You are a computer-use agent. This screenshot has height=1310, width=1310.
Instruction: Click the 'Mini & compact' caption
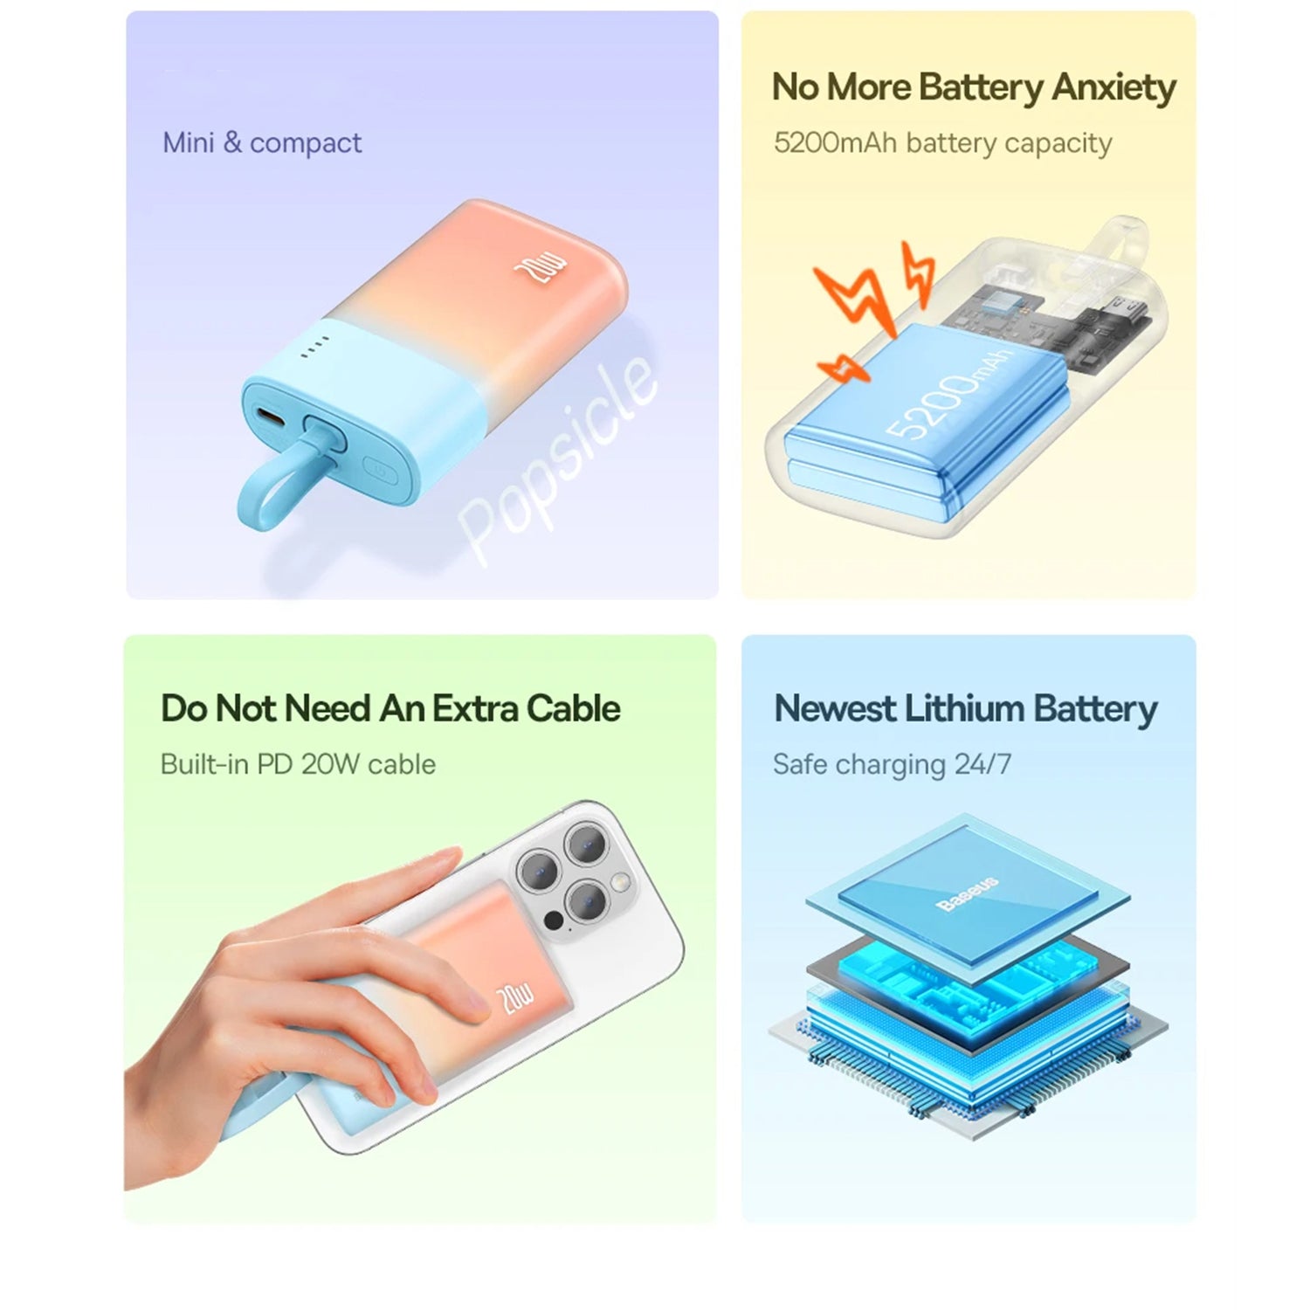click(x=262, y=142)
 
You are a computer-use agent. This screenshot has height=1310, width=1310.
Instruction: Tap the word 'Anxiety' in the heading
click(x=1113, y=87)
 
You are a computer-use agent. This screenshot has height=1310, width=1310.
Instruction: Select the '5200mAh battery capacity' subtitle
click(x=942, y=142)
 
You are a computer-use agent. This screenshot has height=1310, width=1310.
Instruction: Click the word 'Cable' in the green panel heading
click(x=574, y=708)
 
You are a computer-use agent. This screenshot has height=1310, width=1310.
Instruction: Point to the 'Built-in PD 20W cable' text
click(x=298, y=764)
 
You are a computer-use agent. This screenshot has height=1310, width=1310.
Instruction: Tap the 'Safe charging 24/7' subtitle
click(x=892, y=764)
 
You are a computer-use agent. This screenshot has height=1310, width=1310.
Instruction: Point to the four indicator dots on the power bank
click(x=314, y=347)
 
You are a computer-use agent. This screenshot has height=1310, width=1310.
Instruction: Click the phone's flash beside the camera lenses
click(x=622, y=882)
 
